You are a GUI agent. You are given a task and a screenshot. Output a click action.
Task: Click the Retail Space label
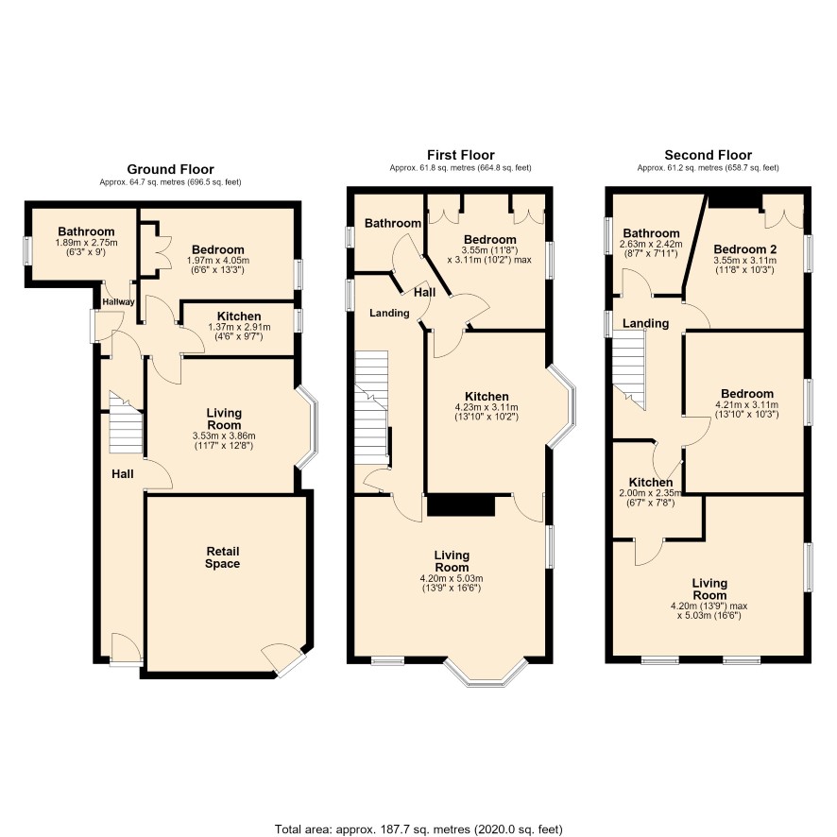223,557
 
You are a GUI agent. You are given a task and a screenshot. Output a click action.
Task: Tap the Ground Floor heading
170,169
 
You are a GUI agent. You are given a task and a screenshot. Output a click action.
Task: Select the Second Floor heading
708,155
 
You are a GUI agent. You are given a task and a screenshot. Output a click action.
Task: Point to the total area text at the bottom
418,829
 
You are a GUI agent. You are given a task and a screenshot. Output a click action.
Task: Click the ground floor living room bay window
307,428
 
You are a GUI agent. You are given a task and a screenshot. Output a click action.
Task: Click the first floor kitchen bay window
561,405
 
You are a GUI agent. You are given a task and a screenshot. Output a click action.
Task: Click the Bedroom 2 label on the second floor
744,249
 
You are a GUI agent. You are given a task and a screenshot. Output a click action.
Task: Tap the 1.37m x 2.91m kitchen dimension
239,327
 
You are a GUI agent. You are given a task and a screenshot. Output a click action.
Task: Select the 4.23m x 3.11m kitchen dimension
487,407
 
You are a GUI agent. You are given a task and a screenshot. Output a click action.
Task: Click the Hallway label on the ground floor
118,301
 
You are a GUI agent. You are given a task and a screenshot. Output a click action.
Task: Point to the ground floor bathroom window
26,250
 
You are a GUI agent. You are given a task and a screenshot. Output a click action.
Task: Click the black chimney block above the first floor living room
461,505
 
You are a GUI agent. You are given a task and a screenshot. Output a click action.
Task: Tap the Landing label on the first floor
389,313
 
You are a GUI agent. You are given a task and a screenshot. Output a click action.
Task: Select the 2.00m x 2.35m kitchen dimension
651,493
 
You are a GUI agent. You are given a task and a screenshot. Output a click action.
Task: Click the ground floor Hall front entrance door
126,649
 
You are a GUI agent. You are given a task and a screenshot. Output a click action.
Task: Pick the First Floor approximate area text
460,167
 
